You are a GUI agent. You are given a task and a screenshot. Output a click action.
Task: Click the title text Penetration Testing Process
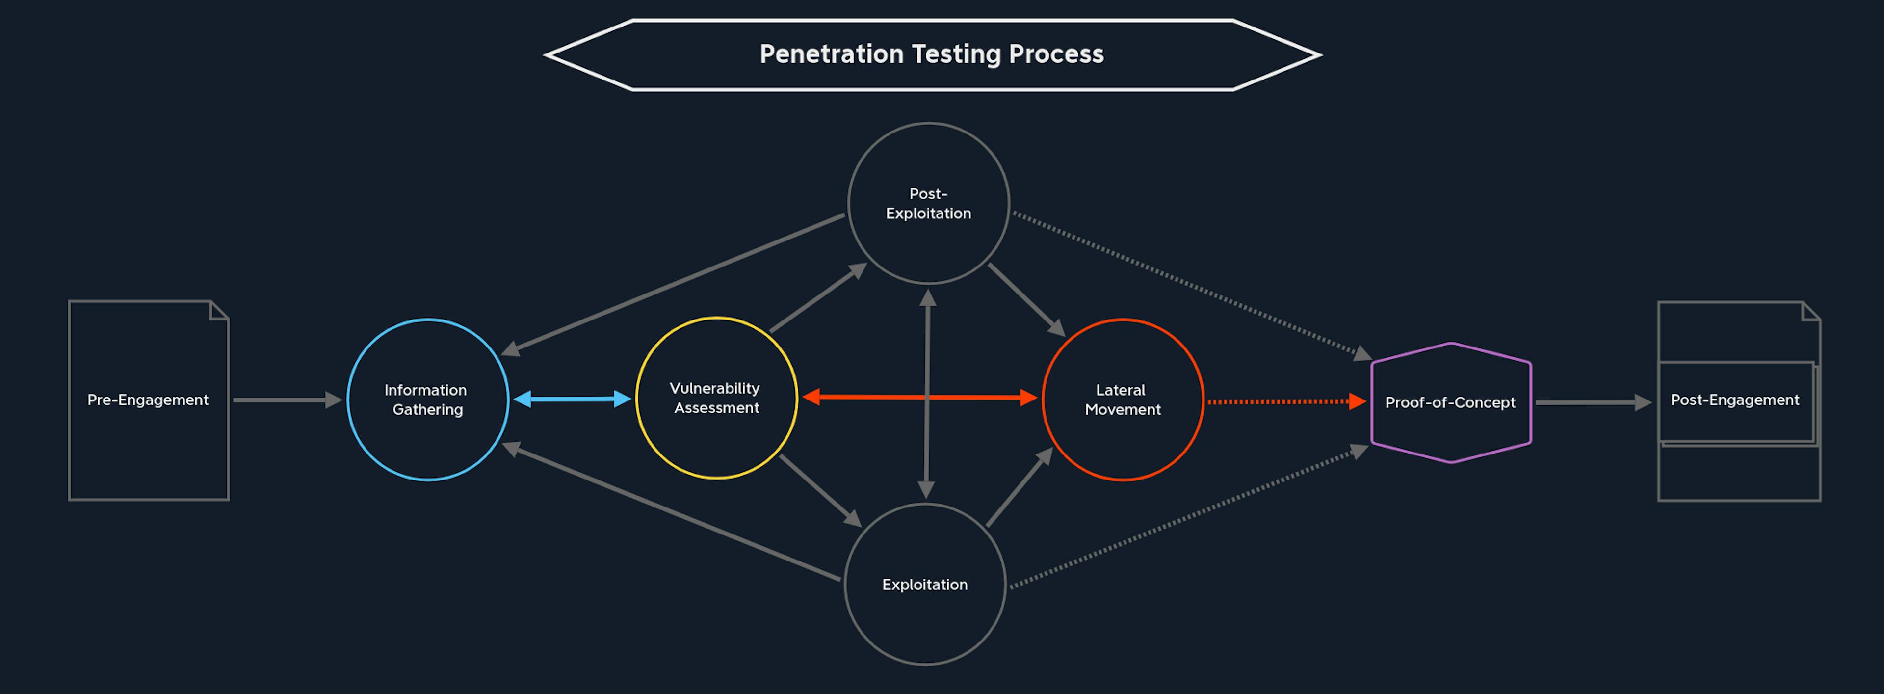[x=931, y=54]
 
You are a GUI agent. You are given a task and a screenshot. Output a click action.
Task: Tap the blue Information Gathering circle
[x=348, y=400]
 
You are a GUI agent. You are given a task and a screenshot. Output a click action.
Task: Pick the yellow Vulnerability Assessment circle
[x=637, y=399]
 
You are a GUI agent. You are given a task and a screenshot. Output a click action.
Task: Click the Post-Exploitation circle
[x=849, y=203]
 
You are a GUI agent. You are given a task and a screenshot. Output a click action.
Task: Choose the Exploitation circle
[x=845, y=585]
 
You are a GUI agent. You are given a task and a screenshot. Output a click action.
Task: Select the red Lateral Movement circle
[x=1043, y=400]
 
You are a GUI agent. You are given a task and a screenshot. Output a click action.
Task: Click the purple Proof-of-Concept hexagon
[x=1373, y=402]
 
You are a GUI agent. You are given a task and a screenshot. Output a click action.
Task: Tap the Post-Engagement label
[x=1735, y=400]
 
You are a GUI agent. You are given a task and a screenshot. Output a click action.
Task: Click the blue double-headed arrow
[x=572, y=399]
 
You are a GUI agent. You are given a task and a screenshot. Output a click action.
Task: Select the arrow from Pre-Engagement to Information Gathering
[x=288, y=400]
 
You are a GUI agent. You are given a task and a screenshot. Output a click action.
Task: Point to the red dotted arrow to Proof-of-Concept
[x=1286, y=401]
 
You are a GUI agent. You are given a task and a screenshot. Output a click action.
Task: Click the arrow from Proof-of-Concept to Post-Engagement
[x=1593, y=402]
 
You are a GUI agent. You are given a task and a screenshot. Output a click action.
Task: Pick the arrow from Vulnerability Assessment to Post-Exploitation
[x=818, y=297]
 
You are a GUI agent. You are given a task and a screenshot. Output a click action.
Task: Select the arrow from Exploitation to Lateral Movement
[x=1020, y=486]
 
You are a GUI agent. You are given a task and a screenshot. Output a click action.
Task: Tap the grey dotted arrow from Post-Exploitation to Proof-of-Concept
[x=1192, y=286]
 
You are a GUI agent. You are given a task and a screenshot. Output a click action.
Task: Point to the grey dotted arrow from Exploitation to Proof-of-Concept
[x=1189, y=516]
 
